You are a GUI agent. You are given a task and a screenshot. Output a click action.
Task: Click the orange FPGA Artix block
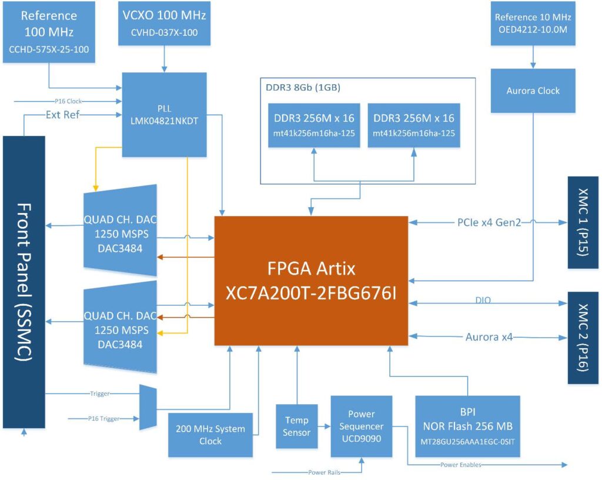click(311, 281)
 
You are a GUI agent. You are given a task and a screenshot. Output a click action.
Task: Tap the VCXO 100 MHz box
click(164, 23)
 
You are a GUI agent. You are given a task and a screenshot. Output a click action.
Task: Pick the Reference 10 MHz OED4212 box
click(533, 23)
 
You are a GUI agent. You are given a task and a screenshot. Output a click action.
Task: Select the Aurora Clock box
click(533, 91)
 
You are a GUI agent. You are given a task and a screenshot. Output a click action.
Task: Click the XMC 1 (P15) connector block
click(583, 222)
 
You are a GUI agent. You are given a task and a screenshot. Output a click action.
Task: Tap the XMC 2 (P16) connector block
click(583, 338)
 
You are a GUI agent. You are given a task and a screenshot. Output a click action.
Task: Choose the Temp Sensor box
click(296, 426)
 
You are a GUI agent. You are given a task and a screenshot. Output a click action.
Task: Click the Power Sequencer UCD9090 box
click(361, 426)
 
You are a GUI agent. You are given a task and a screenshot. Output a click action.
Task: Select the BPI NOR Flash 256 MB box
click(467, 426)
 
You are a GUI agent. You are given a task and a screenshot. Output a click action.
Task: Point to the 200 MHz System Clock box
click(210, 435)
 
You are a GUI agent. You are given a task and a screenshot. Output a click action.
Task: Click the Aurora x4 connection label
click(489, 338)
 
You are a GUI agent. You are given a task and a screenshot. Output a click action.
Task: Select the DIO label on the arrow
click(483, 300)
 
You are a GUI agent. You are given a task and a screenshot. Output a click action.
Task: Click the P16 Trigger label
click(103, 419)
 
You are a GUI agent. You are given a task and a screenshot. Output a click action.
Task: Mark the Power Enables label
click(460, 465)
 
